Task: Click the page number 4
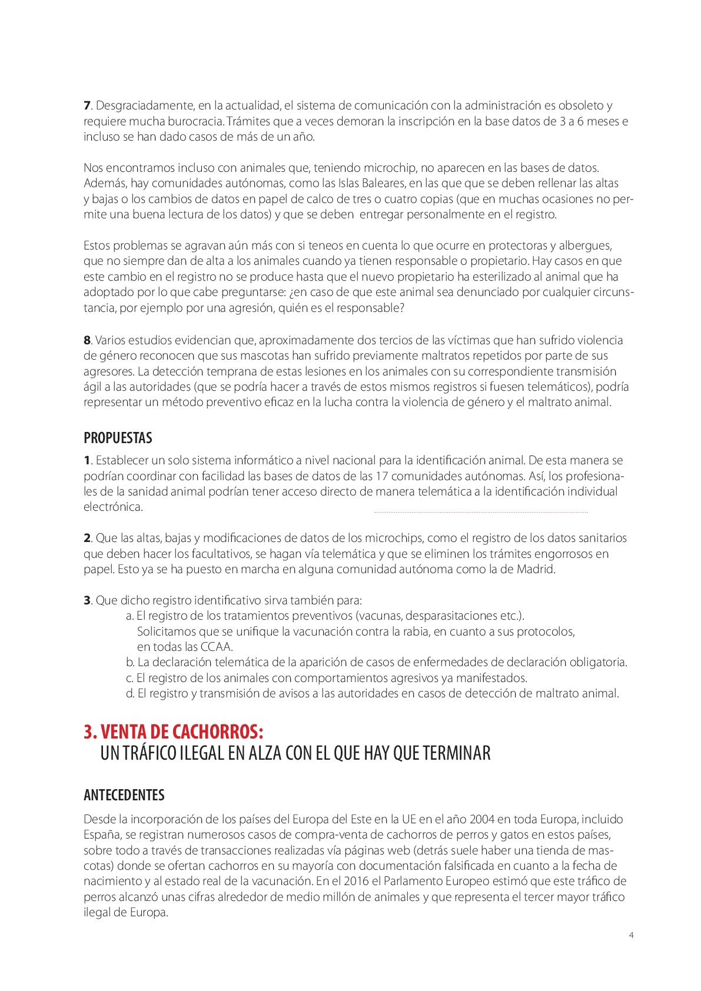[x=631, y=935]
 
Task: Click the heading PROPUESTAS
[x=118, y=438]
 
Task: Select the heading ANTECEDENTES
[x=124, y=795]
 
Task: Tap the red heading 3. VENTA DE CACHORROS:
[x=174, y=731]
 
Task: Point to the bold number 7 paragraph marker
[x=87, y=105]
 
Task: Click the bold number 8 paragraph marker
[x=87, y=340]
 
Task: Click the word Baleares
[x=384, y=183]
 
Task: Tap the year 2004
[x=481, y=819]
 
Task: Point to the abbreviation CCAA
[x=216, y=647]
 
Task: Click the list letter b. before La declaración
[x=130, y=662]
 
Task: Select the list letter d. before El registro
[x=130, y=693]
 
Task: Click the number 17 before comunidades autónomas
[x=381, y=476]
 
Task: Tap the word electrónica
[x=113, y=507]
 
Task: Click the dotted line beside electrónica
[x=481, y=513]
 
